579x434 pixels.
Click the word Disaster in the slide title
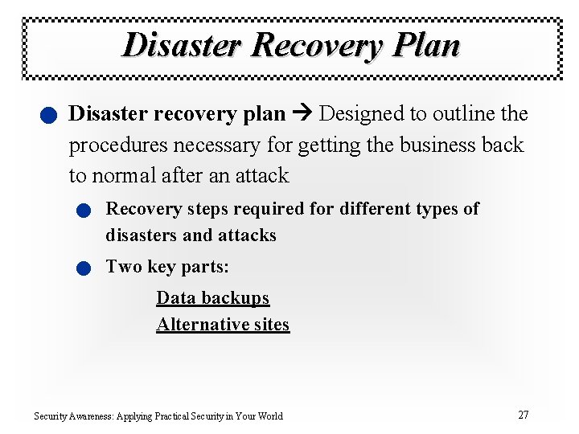(x=182, y=44)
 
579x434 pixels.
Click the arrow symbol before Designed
(x=302, y=114)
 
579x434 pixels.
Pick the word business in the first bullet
(x=436, y=145)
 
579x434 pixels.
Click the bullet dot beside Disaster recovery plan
(x=49, y=117)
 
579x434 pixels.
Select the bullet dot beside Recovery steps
(x=84, y=211)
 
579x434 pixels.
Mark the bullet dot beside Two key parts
(x=84, y=268)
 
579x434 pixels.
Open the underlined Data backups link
(x=212, y=298)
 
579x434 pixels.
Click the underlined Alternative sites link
(x=223, y=325)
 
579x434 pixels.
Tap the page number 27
(x=523, y=415)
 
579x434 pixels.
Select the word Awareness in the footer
(x=91, y=416)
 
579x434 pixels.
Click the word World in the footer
(x=269, y=416)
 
